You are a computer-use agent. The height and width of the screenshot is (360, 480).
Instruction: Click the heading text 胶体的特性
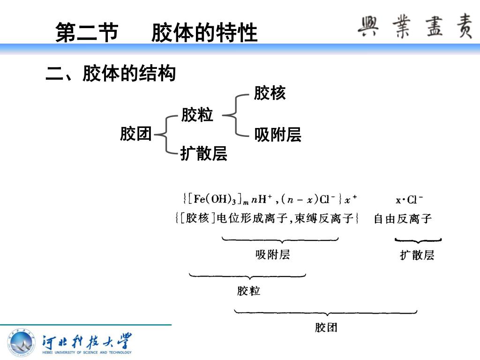204,33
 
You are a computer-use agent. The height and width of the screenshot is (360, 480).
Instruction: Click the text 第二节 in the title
87,33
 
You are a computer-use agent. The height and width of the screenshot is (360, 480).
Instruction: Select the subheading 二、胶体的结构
111,74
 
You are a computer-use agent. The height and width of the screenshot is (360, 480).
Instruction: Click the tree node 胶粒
197,115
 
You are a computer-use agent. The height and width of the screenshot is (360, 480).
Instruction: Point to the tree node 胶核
270,93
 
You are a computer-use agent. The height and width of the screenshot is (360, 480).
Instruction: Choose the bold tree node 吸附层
277,135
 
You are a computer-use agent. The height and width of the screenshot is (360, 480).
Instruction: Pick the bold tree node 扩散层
204,153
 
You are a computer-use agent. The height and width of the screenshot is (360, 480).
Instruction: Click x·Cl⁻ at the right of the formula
409,200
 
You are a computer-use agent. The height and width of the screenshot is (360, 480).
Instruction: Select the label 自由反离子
402,218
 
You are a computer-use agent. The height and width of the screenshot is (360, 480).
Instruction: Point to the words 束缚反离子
330,218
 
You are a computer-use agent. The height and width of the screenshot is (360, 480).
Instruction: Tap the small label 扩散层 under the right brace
417,255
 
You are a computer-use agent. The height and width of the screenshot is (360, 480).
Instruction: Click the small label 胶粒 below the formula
248,291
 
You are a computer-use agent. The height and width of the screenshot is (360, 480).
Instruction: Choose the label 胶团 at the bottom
326,327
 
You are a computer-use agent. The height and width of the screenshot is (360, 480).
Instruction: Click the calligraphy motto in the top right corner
415,27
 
